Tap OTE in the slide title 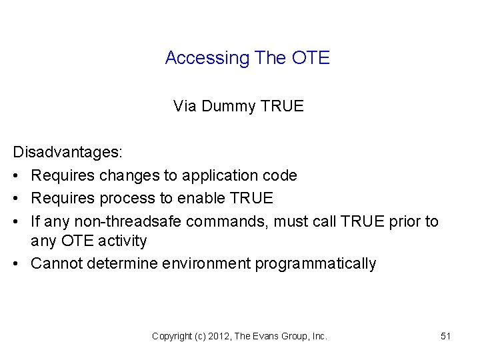point(311,58)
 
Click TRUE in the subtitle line point(283,106)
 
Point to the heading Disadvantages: point(68,153)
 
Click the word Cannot point(56,263)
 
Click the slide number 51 point(446,337)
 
